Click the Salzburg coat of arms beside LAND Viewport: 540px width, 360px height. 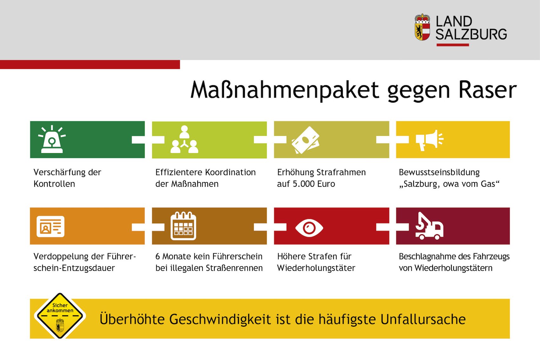click(x=422, y=27)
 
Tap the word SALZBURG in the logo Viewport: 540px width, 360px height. click(x=471, y=34)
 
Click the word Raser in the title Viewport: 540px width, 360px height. click(x=488, y=90)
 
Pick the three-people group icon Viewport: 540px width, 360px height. click(x=185, y=139)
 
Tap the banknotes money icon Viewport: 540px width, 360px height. click(x=306, y=140)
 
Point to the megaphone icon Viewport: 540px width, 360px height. click(x=429, y=140)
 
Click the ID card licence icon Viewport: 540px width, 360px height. click(x=51, y=227)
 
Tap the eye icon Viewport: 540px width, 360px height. click(x=309, y=228)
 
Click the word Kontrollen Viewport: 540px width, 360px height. click(x=54, y=184)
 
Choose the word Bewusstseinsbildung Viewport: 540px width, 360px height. click(x=439, y=173)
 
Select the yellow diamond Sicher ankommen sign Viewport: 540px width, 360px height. click(x=60, y=316)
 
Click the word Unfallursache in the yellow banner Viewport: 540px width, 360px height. click(x=423, y=319)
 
